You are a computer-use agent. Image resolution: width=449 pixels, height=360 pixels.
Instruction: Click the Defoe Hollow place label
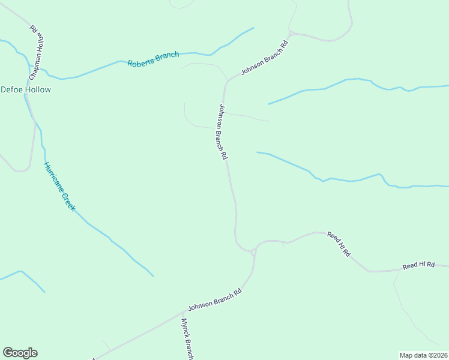(26, 89)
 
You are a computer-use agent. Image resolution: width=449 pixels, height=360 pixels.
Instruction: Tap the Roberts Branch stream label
(153, 59)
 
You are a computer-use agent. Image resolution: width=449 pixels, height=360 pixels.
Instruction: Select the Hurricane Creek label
(59, 186)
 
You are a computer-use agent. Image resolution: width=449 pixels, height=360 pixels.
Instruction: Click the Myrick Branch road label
(187, 340)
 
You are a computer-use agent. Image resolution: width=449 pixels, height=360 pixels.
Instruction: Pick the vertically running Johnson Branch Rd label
(223, 131)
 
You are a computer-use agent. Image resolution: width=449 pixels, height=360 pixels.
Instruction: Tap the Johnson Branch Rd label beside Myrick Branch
(214, 299)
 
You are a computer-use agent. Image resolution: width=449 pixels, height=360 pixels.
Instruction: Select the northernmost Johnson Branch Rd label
(265, 59)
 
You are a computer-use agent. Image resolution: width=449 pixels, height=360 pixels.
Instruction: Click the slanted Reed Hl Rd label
(339, 244)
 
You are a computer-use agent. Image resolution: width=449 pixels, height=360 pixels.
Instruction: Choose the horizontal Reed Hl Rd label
(418, 265)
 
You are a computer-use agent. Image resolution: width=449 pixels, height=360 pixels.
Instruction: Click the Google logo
(20, 353)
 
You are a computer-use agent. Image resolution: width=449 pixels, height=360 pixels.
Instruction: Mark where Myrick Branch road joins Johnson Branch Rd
(183, 312)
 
